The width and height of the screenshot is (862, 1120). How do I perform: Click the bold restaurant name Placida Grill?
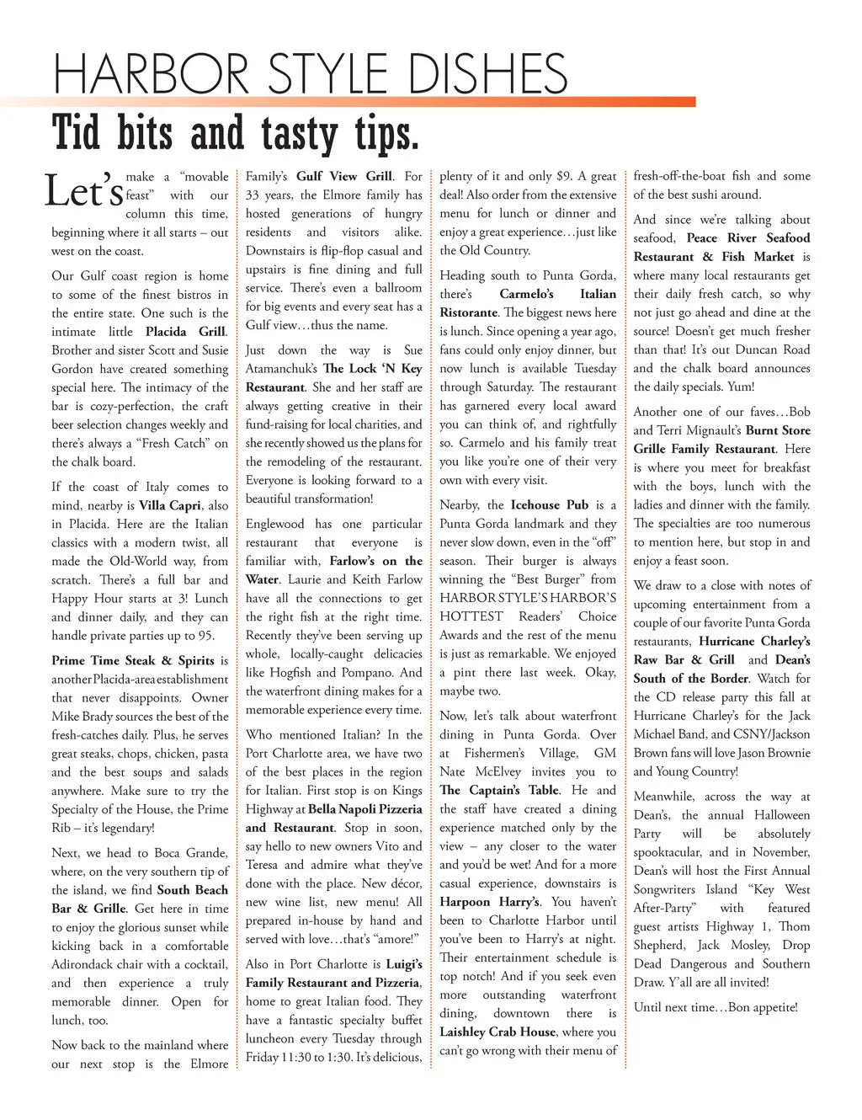[x=185, y=332]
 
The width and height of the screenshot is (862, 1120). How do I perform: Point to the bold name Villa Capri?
[x=170, y=505]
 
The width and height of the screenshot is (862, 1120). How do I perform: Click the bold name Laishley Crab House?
[x=498, y=1032]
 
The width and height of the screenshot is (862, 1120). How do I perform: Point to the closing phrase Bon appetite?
[x=757, y=1007]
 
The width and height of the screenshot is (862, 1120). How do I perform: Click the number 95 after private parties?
[x=205, y=636]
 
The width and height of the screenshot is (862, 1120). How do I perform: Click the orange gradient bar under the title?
[x=354, y=102]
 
